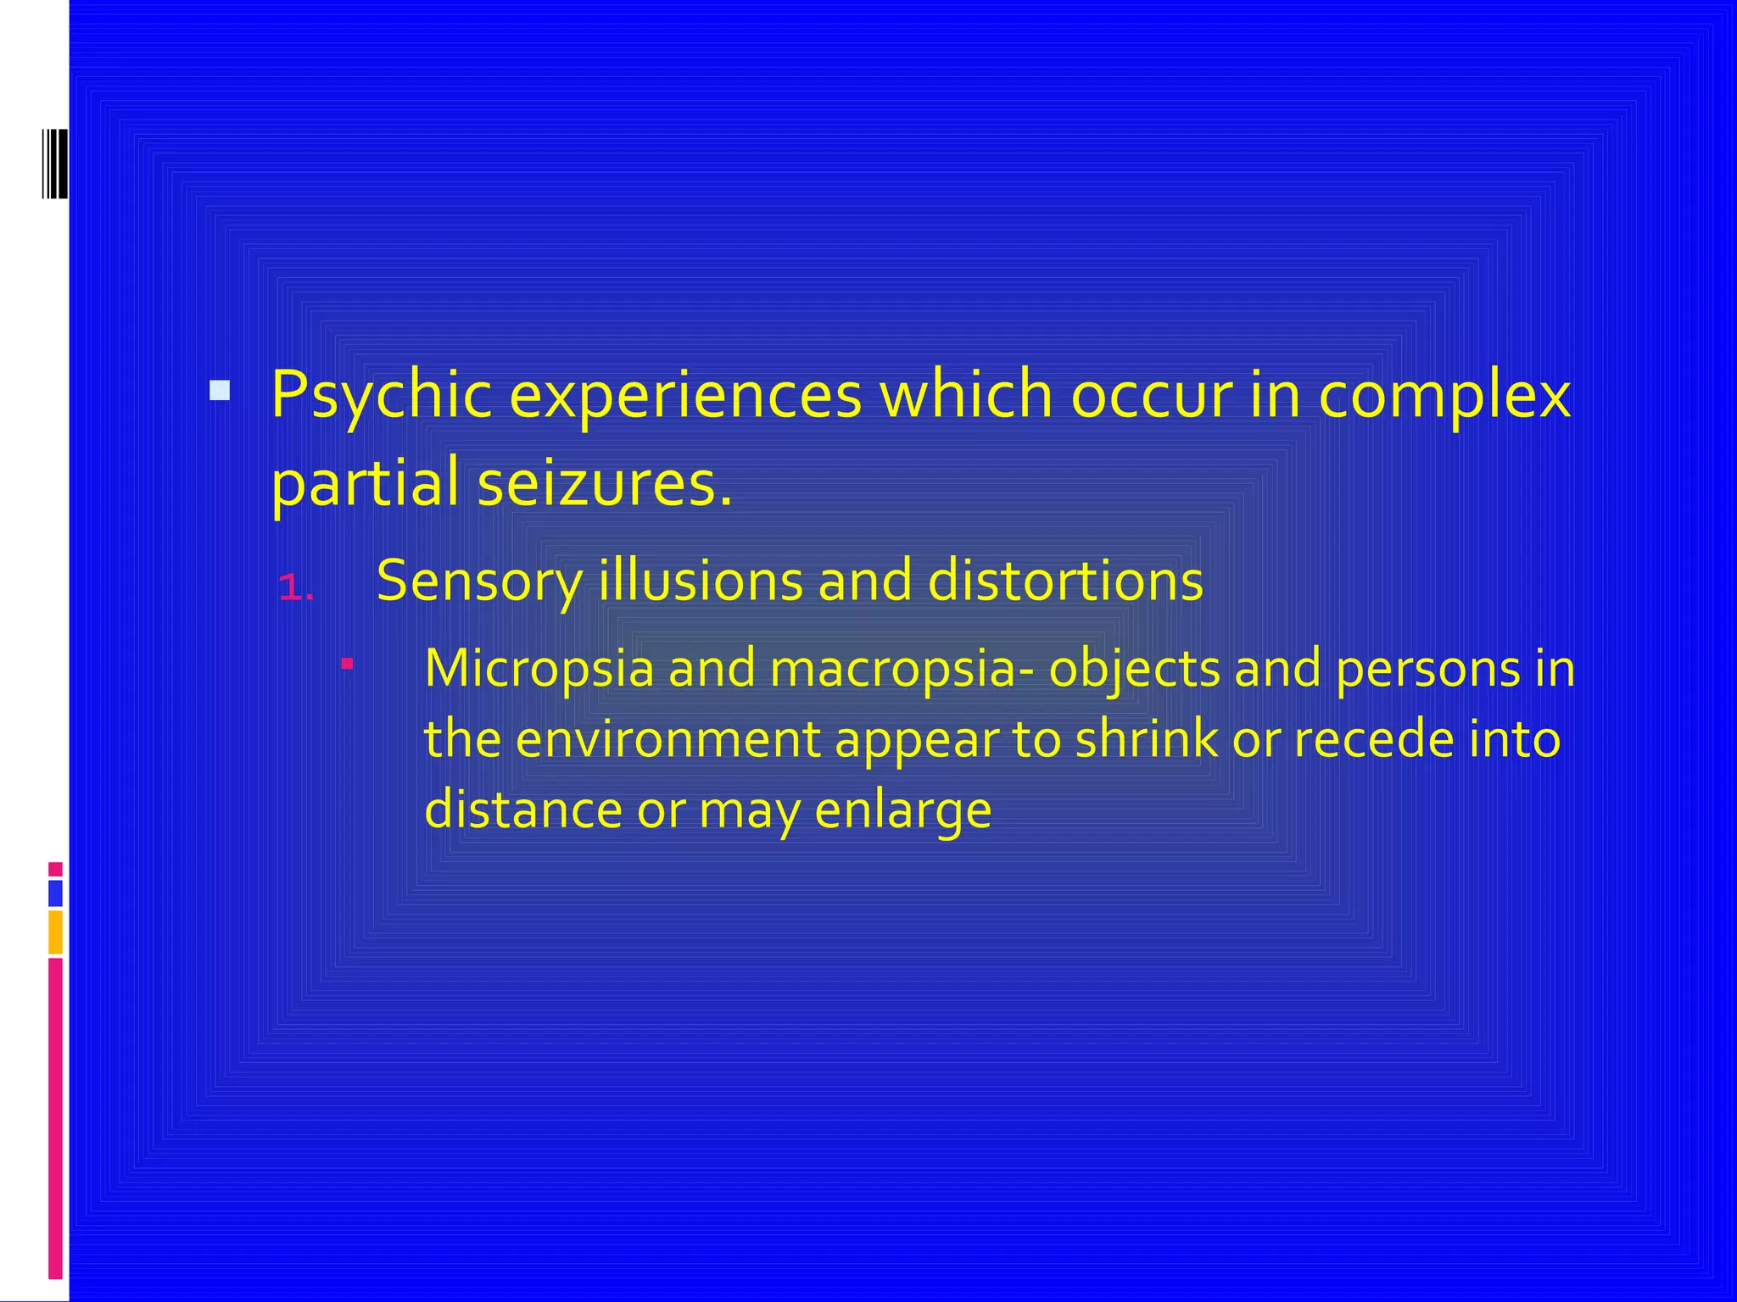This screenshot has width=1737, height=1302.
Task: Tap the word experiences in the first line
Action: pyautogui.click(x=685, y=396)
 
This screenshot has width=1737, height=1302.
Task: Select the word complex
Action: pyautogui.click(x=1444, y=396)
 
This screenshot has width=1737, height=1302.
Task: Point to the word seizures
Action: pyautogui.click(x=604, y=483)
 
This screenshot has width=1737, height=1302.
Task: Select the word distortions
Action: pyautogui.click(x=1065, y=581)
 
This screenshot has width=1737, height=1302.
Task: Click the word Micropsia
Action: pyautogui.click(x=539, y=668)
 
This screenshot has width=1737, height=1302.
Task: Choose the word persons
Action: pyautogui.click(x=1427, y=668)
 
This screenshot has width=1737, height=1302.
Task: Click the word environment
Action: pyautogui.click(x=667, y=738)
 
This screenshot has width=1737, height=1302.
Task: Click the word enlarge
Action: pyautogui.click(x=902, y=810)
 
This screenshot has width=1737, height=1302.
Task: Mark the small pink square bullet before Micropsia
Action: pyautogui.click(x=346, y=663)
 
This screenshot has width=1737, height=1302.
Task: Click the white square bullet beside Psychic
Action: pyautogui.click(x=220, y=390)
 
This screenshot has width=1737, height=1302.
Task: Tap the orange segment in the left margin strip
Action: pyautogui.click(x=55, y=932)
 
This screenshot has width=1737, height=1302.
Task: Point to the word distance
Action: pyautogui.click(x=522, y=810)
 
